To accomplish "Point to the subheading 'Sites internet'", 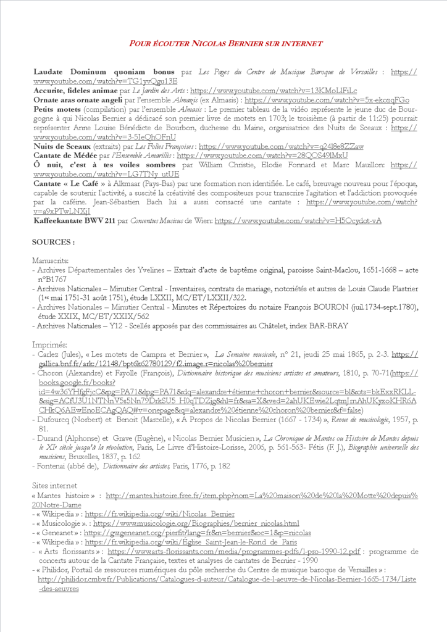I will pyautogui.click(x=56, y=486).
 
